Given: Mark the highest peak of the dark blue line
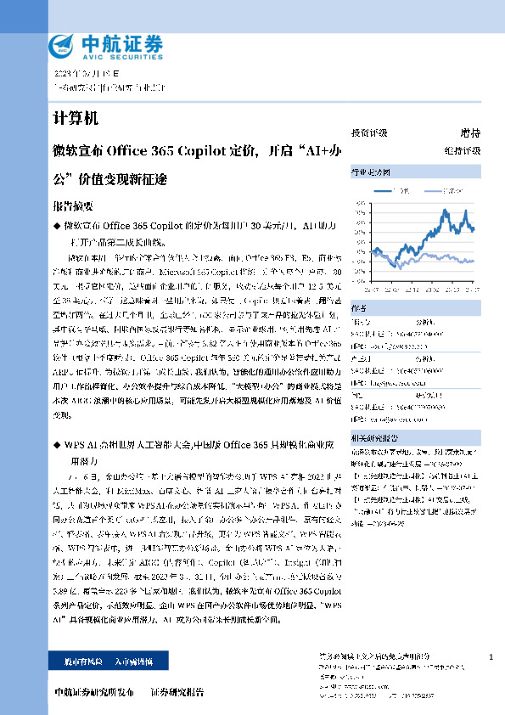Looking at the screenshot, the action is tap(445, 210).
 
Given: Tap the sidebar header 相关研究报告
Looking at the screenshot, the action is tap(374, 437).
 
